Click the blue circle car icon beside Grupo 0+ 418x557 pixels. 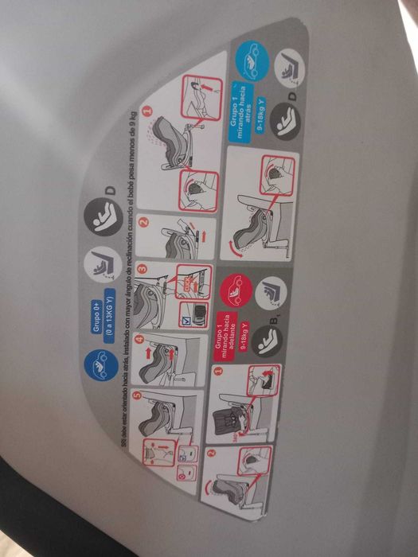tap(99, 365)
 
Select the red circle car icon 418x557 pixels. tap(236, 292)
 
